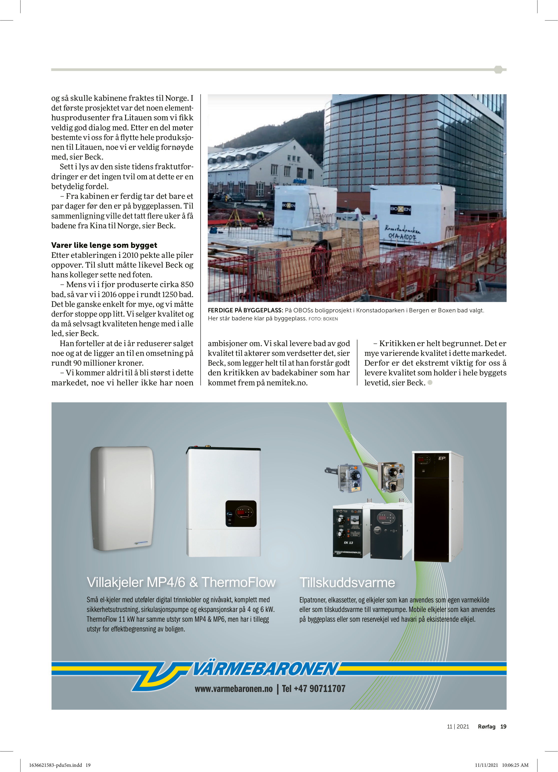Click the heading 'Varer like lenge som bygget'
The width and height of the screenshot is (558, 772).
pyautogui.click(x=104, y=245)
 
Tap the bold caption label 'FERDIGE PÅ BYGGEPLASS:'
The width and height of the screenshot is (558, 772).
pyautogui.click(x=245, y=310)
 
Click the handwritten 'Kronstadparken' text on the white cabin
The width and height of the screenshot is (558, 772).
pyautogui.click(x=402, y=229)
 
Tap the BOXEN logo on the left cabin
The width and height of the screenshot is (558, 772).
pyautogui.click(x=288, y=206)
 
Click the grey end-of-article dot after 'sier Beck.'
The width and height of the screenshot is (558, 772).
pyautogui.click(x=430, y=382)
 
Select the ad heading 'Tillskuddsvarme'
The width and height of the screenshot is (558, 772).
pyautogui.click(x=347, y=582)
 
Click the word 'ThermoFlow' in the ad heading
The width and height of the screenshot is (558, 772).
pyautogui.click(x=238, y=582)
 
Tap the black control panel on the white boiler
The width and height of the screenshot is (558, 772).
pyautogui.click(x=241, y=514)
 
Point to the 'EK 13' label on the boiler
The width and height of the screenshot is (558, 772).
pyautogui.click(x=348, y=543)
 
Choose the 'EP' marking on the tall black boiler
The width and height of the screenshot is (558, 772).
pyautogui.click(x=441, y=458)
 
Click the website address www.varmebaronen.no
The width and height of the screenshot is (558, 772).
pyautogui.click(x=234, y=689)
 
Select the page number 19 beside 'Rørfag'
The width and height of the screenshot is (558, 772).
pyautogui.click(x=503, y=726)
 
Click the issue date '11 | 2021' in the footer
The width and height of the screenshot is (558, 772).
pyautogui.click(x=458, y=726)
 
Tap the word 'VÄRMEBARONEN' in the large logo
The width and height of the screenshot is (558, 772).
pyautogui.click(x=266, y=669)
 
